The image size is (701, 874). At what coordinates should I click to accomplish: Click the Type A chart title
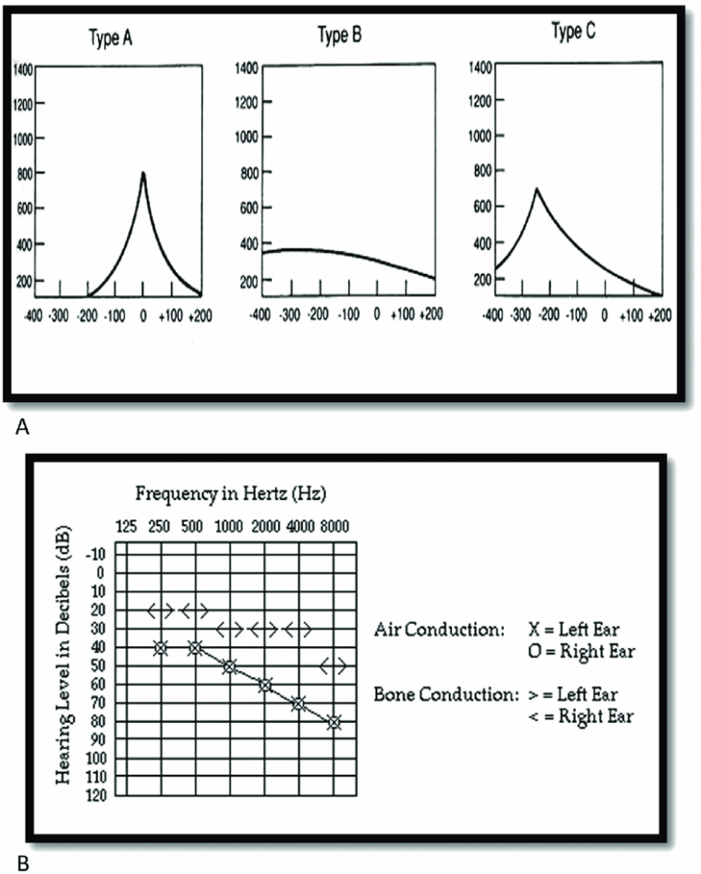click(110, 39)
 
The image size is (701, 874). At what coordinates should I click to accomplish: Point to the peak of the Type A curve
click(143, 173)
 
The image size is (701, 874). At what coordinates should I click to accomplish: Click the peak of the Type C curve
click(536, 189)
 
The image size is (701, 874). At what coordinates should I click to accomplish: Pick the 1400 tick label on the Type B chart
click(246, 67)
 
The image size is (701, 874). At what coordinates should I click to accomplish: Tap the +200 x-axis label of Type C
click(658, 315)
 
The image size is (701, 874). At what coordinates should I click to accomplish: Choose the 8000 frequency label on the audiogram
click(333, 527)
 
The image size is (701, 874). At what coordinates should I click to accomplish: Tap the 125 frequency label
click(125, 527)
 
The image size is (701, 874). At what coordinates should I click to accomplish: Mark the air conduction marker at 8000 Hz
click(334, 722)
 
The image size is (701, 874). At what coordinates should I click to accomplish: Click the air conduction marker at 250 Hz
click(160, 648)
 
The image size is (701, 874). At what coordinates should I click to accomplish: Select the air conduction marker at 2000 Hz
click(264, 685)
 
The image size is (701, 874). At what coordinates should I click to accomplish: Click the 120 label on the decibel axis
click(95, 795)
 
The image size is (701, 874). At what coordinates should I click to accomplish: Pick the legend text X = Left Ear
click(577, 629)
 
